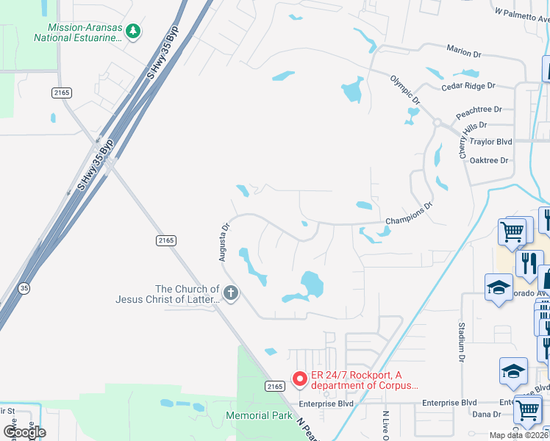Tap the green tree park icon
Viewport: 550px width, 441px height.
click(132, 31)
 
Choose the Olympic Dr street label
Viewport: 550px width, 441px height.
click(404, 89)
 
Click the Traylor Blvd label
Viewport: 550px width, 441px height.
click(490, 141)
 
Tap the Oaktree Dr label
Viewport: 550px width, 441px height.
click(489, 160)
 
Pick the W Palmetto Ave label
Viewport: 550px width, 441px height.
click(521, 13)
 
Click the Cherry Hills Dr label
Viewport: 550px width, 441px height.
click(463, 140)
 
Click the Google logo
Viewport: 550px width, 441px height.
click(24, 432)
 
